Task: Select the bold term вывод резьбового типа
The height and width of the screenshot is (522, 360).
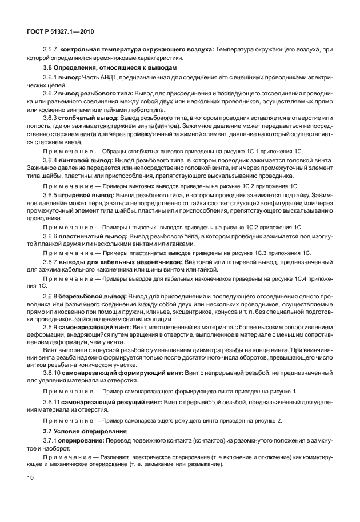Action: point(87,92)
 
